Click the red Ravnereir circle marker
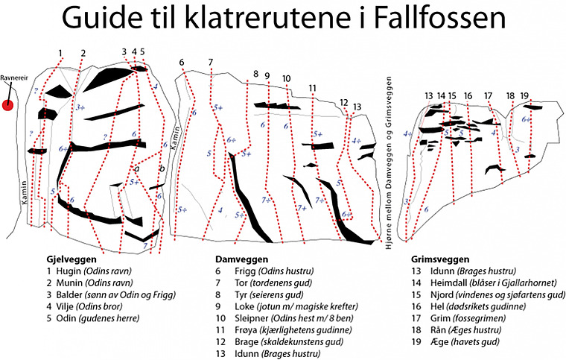pos(8,105)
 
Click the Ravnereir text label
pos(14,78)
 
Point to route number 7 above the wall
pos(211,62)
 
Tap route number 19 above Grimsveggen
pos(525,95)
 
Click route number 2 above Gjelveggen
pos(83,52)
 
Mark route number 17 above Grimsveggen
pos(488,95)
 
